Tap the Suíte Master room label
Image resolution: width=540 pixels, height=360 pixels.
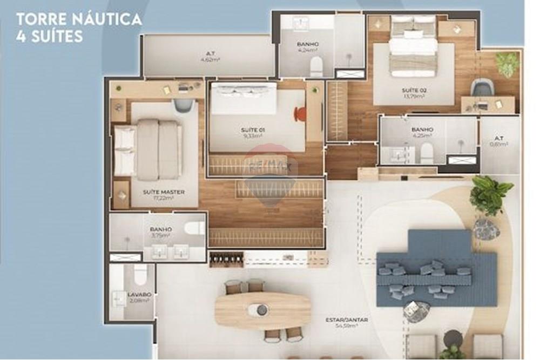pos(164,192)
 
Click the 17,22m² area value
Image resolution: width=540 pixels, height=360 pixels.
pos(164,199)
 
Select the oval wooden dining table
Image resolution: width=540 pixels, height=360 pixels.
pos(263,310)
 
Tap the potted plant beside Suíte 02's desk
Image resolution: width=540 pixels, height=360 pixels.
pos(507,63)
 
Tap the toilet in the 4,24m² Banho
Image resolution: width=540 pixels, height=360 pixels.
pos(316,67)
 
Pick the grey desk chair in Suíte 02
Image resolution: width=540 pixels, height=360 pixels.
pos(482,87)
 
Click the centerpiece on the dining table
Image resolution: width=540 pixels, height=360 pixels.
pos(262,310)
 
